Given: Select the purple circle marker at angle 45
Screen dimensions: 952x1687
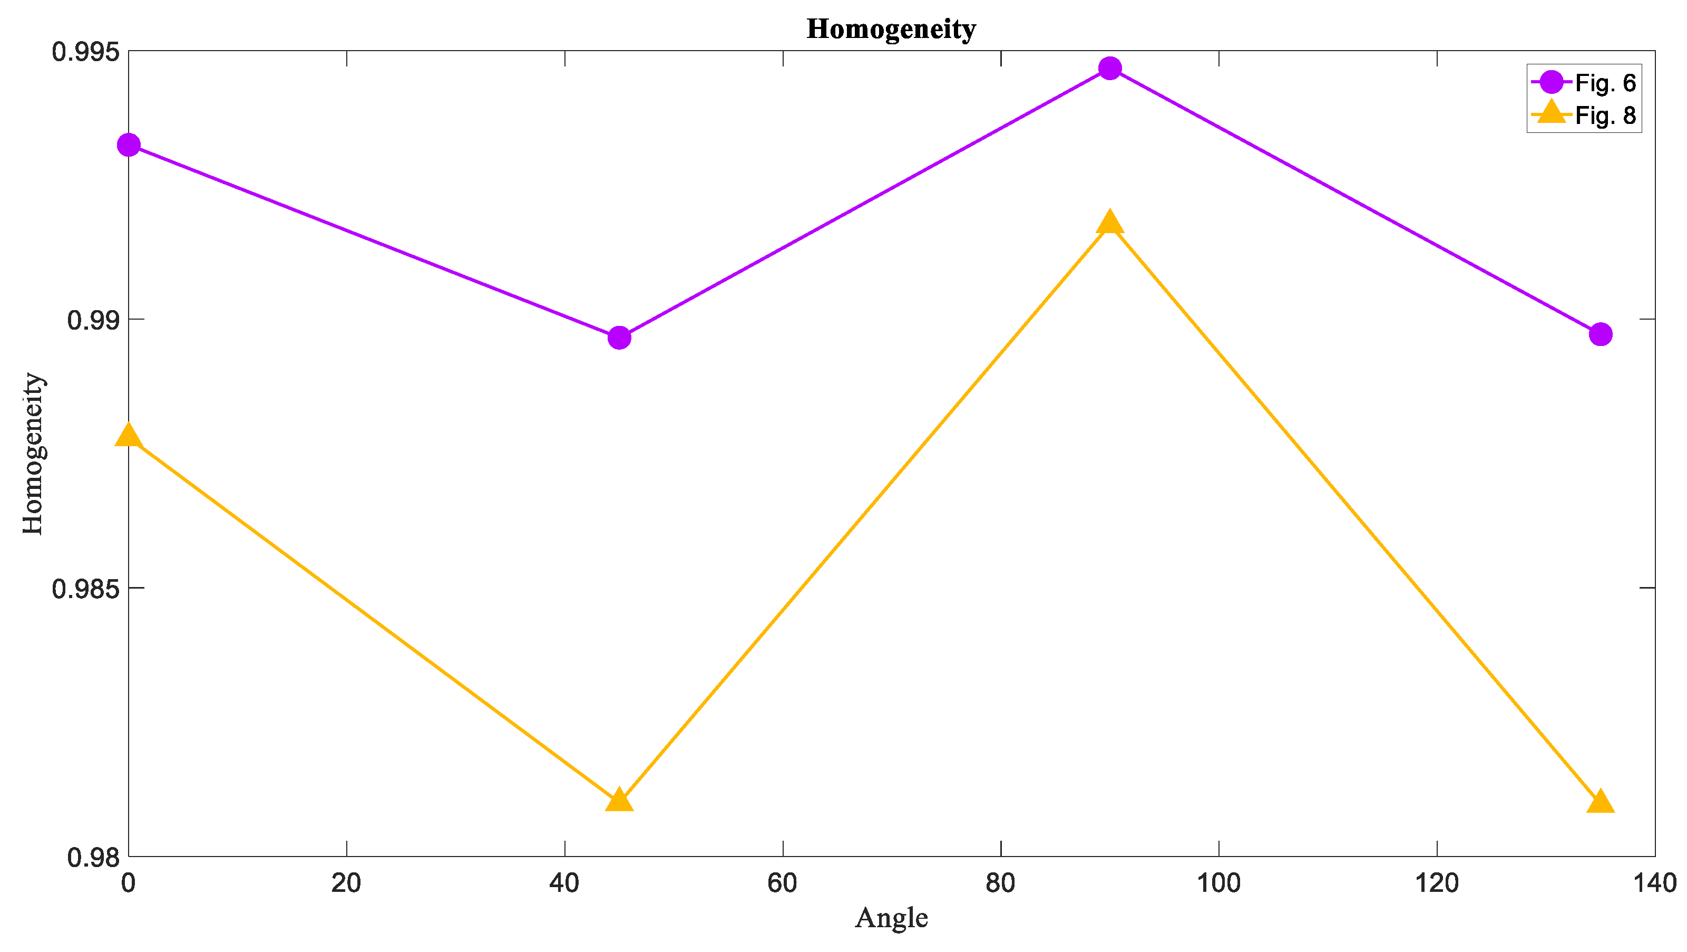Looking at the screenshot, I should click(x=619, y=338).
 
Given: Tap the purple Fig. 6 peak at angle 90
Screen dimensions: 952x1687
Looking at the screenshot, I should click(x=1109, y=68).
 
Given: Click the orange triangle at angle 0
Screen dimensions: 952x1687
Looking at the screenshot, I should click(x=129, y=435).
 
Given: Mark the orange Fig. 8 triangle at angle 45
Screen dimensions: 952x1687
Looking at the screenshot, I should click(x=619, y=801).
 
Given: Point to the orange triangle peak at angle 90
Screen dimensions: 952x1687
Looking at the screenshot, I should click(x=1109, y=223).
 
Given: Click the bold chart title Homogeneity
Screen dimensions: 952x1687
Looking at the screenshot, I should click(x=891, y=30).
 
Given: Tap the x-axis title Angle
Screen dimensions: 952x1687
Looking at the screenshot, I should click(x=891, y=918).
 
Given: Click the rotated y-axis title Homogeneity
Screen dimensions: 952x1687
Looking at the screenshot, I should click(x=33, y=454).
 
